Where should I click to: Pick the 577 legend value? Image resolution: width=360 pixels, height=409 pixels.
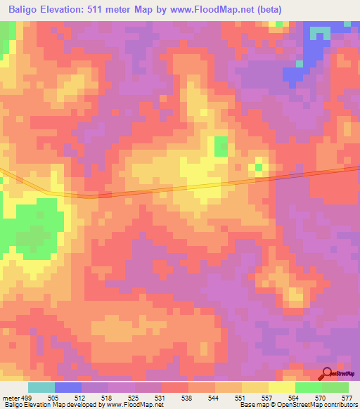click(x=346, y=398)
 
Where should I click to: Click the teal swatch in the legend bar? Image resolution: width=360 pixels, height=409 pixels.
click(x=41, y=387)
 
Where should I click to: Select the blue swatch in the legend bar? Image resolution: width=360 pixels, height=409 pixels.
click(x=68, y=387)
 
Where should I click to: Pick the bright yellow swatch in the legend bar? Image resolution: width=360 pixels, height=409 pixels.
click(x=281, y=387)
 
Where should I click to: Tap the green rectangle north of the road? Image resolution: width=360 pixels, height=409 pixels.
click(x=221, y=145)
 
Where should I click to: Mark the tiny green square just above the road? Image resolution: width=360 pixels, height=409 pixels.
click(x=259, y=167)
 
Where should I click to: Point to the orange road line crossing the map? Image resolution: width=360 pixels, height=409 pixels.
click(x=176, y=189)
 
